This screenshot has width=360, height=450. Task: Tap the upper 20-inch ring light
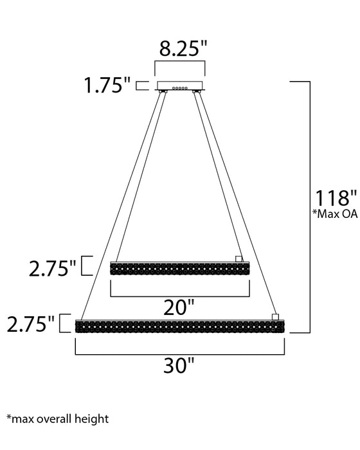(x=180, y=269)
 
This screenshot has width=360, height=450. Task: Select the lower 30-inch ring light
(x=180, y=327)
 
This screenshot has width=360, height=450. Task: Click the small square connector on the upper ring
(x=239, y=258)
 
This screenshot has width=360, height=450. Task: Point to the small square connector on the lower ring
(x=276, y=316)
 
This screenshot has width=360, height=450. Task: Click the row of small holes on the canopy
(x=181, y=88)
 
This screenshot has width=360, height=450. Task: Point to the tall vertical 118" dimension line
(x=312, y=206)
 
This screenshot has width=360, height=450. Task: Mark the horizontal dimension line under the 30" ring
(x=180, y=354)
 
